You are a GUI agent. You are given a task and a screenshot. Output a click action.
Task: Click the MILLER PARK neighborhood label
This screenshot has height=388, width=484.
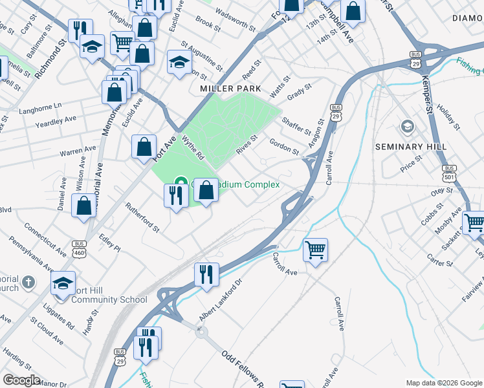[x=230, y=88]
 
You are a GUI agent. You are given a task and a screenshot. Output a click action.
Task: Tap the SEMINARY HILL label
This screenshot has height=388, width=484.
[x=412, y=147]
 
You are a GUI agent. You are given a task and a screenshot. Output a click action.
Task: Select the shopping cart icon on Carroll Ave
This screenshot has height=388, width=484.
[x=315, y=248]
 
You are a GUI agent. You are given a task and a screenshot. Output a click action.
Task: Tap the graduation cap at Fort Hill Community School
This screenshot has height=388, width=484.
[x=63, y=283]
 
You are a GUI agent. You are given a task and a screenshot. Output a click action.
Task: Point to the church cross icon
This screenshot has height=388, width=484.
[x=28, y=282]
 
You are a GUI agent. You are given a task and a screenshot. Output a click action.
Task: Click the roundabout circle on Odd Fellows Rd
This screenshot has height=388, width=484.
[x=201, y=332]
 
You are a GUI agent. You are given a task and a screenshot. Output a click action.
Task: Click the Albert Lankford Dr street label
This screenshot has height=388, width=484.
[x=220, y=301]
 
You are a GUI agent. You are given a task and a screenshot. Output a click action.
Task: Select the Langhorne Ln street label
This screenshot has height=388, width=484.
[x=58, y=105]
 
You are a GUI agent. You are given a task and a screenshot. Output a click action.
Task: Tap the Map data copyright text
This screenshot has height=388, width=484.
[x=443, y=383]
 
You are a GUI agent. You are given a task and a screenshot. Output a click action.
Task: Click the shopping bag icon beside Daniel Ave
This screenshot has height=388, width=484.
[x=85, y=206]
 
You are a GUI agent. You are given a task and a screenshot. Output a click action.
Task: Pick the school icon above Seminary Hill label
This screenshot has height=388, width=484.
[x=407, y=125]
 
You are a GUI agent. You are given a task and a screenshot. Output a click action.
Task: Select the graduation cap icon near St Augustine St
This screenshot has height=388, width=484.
[x=179, y=62]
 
